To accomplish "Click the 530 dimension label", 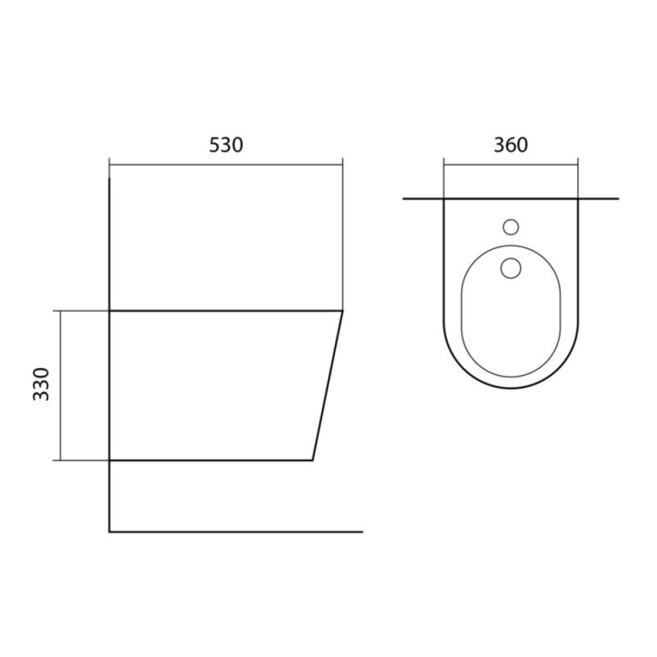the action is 226,145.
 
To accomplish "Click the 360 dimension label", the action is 511,145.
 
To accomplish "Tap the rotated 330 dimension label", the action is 41,384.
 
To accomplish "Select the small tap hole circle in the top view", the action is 511,227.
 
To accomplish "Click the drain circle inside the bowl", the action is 511,268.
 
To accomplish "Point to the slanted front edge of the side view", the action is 328,385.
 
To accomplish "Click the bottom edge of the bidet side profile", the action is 211,460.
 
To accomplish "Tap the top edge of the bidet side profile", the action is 226,311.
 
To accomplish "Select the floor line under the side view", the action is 236,531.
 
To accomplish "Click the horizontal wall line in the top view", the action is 511,198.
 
